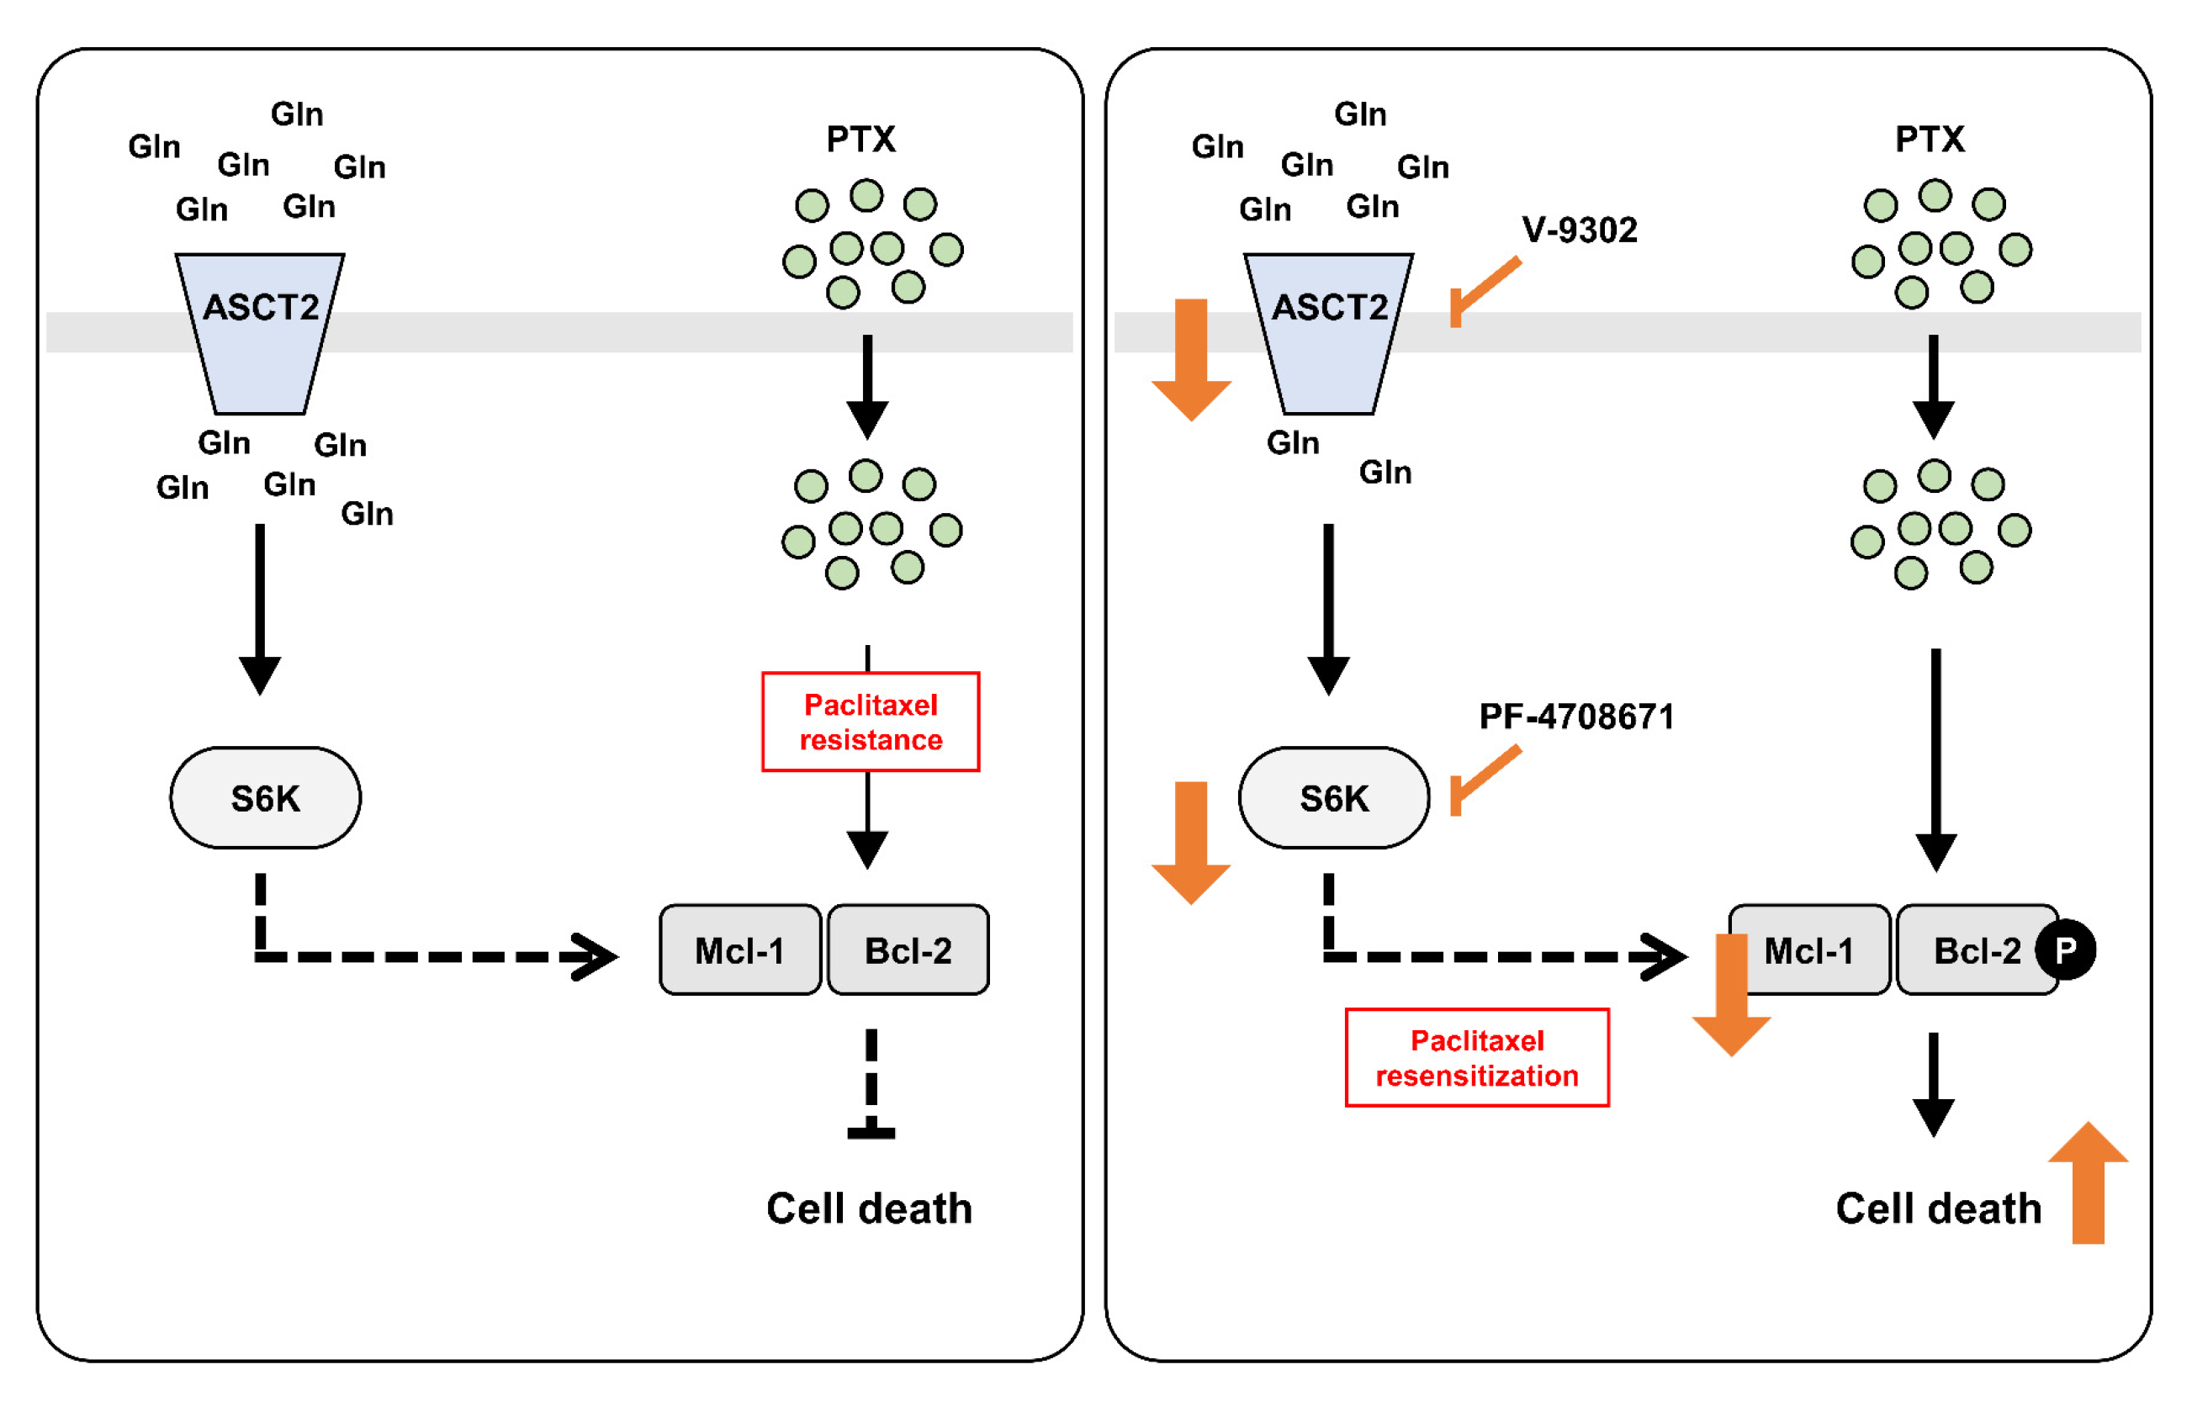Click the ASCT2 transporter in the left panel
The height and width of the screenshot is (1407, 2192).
(261, 334)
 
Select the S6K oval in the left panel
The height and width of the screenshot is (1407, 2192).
(265, 797)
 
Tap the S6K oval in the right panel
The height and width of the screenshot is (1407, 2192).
(1334, 797)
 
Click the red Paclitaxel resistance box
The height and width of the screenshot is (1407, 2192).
(870, 722)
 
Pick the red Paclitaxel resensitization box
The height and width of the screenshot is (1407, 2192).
(1476, 1057)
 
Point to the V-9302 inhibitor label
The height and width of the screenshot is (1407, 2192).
(1579, 230)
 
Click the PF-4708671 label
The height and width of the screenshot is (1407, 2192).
(1576, 717)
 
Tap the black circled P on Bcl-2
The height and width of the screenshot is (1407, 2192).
(2065, 950)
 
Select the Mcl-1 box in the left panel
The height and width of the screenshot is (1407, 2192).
(740, 950)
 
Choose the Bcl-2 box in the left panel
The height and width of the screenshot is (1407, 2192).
(908, 950)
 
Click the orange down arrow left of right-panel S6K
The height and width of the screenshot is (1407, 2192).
(1190, 840)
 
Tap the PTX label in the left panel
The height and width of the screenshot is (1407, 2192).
(860, 139)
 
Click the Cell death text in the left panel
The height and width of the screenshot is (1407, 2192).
(869, 1208)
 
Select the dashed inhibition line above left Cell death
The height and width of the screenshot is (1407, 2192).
(871, 1082)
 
